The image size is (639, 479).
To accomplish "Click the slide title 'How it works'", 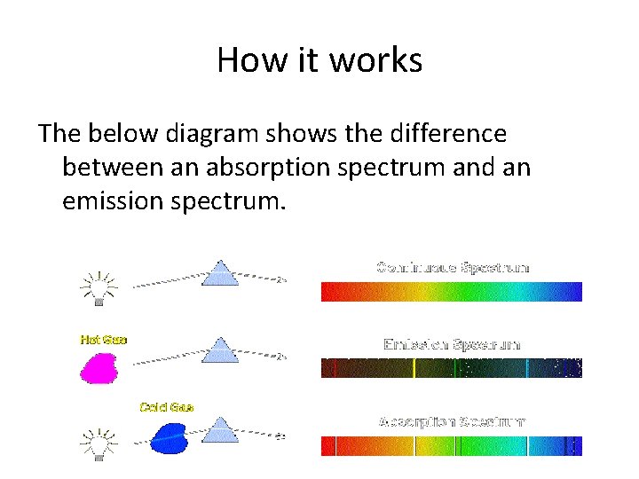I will point(319,60).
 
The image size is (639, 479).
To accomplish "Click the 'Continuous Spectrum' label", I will point(453,266).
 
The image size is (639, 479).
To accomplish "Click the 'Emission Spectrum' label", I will point(452,343).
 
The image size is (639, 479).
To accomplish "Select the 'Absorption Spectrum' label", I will point(452,420).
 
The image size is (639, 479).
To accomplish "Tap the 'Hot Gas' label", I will point(104,339).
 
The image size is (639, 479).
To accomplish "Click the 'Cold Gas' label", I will point(166,407).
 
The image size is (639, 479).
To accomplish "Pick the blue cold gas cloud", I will point(168,436).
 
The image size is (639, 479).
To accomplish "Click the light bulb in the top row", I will point(99,286).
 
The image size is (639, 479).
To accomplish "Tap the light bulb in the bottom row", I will point(99,441).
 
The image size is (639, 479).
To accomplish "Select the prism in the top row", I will point(220,274).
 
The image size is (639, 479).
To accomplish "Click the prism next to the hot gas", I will point(220,350).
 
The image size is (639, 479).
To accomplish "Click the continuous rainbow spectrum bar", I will point(451,292).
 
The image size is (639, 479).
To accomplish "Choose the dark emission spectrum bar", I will point(451,368).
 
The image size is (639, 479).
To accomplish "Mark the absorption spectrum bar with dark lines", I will point(451,444).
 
